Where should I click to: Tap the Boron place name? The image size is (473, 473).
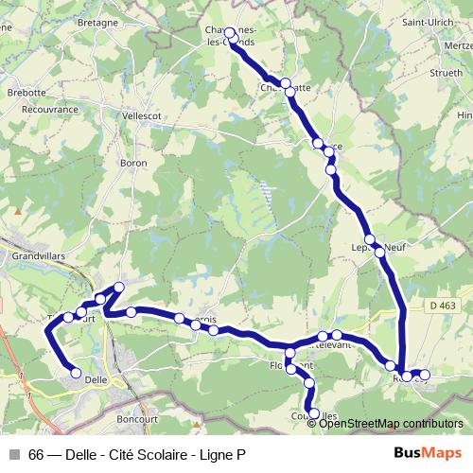(x=131, y=164)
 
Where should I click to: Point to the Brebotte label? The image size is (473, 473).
(x=26, y=93)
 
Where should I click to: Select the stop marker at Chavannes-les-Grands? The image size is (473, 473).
(x=229, y=33)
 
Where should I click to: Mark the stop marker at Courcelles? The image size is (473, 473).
(x=315, y=413)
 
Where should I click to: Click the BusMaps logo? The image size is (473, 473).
(x=428, y=453)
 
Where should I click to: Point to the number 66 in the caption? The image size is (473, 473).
(x=36, y=454)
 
